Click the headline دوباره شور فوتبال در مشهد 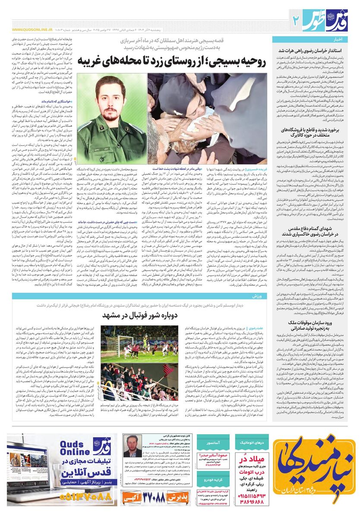[140, 315]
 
